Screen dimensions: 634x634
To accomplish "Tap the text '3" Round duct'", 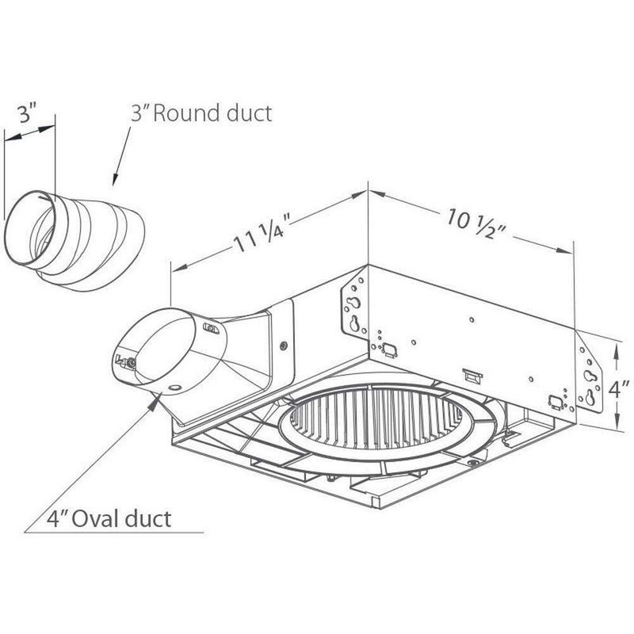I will coord(201,113).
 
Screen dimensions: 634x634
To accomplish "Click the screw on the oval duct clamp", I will coord(132,361).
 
